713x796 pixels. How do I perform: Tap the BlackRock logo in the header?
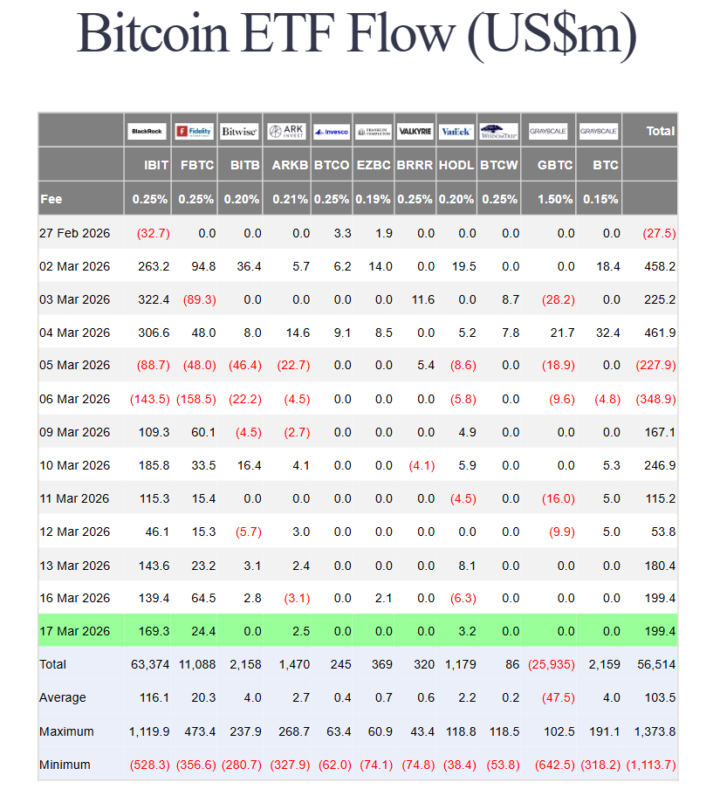tap(147, 132)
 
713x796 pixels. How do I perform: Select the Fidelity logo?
tap(194, 132)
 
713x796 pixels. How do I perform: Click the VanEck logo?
tap(456, 132)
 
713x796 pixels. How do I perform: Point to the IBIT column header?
tap(156, 165)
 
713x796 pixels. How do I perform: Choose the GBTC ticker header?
tap(555, 165)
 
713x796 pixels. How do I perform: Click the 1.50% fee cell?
tap(555, 199)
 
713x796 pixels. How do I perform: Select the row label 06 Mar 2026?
tap(75, 399)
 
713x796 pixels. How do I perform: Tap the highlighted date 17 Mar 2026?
tap(75, 630)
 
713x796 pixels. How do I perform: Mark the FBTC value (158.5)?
tap(196, 399)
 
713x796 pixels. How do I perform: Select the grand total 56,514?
tap(657, 664)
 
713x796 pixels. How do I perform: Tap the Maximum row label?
tap(66, 731)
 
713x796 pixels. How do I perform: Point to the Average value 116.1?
tap(153, 697)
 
